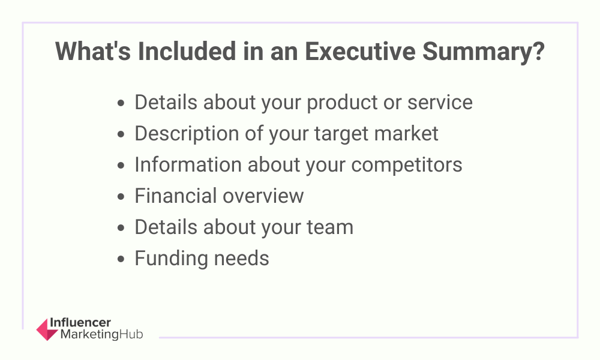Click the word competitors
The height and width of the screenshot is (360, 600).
tap(407, 165)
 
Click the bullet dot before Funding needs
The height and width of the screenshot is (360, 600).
tap(122, 260)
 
